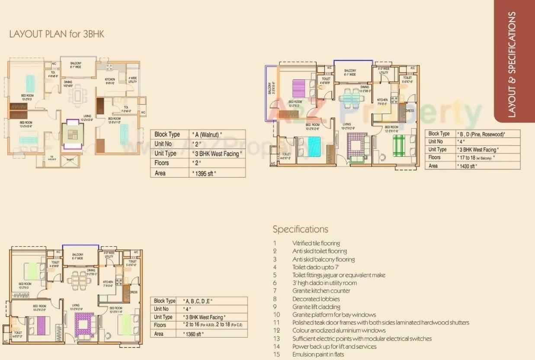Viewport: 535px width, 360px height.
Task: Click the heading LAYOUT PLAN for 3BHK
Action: point(57,34)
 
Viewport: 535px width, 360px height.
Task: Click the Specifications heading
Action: point(300,229)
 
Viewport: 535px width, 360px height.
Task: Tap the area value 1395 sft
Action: point(204,173)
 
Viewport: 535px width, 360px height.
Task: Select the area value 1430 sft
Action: point(467,166)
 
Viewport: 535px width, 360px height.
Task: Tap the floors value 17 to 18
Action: point(476,158)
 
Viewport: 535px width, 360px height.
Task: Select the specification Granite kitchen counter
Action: point(321,291)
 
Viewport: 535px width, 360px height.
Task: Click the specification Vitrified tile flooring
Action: point(316,243)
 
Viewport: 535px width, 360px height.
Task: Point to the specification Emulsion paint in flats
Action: point(318,354)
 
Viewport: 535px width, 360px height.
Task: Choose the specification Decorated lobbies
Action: point(316,299)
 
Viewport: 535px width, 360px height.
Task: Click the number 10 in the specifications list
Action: point(276,315)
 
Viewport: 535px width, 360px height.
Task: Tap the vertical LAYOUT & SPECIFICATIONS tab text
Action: point(512,65)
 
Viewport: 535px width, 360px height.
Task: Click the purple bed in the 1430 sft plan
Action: point(299,88)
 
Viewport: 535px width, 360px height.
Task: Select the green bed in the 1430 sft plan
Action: point(398,145)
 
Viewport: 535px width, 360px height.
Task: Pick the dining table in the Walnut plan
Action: point(77,95)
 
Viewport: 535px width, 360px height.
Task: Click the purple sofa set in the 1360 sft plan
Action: point(84,324)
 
